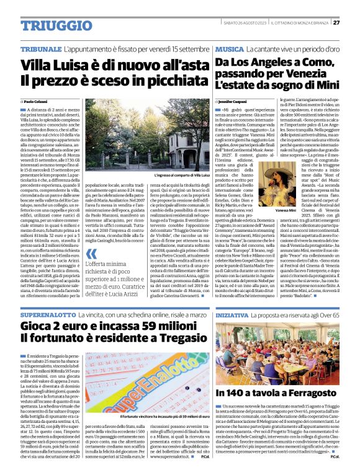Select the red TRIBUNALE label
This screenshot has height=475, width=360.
pyautogui.click(x=40, y=48)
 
